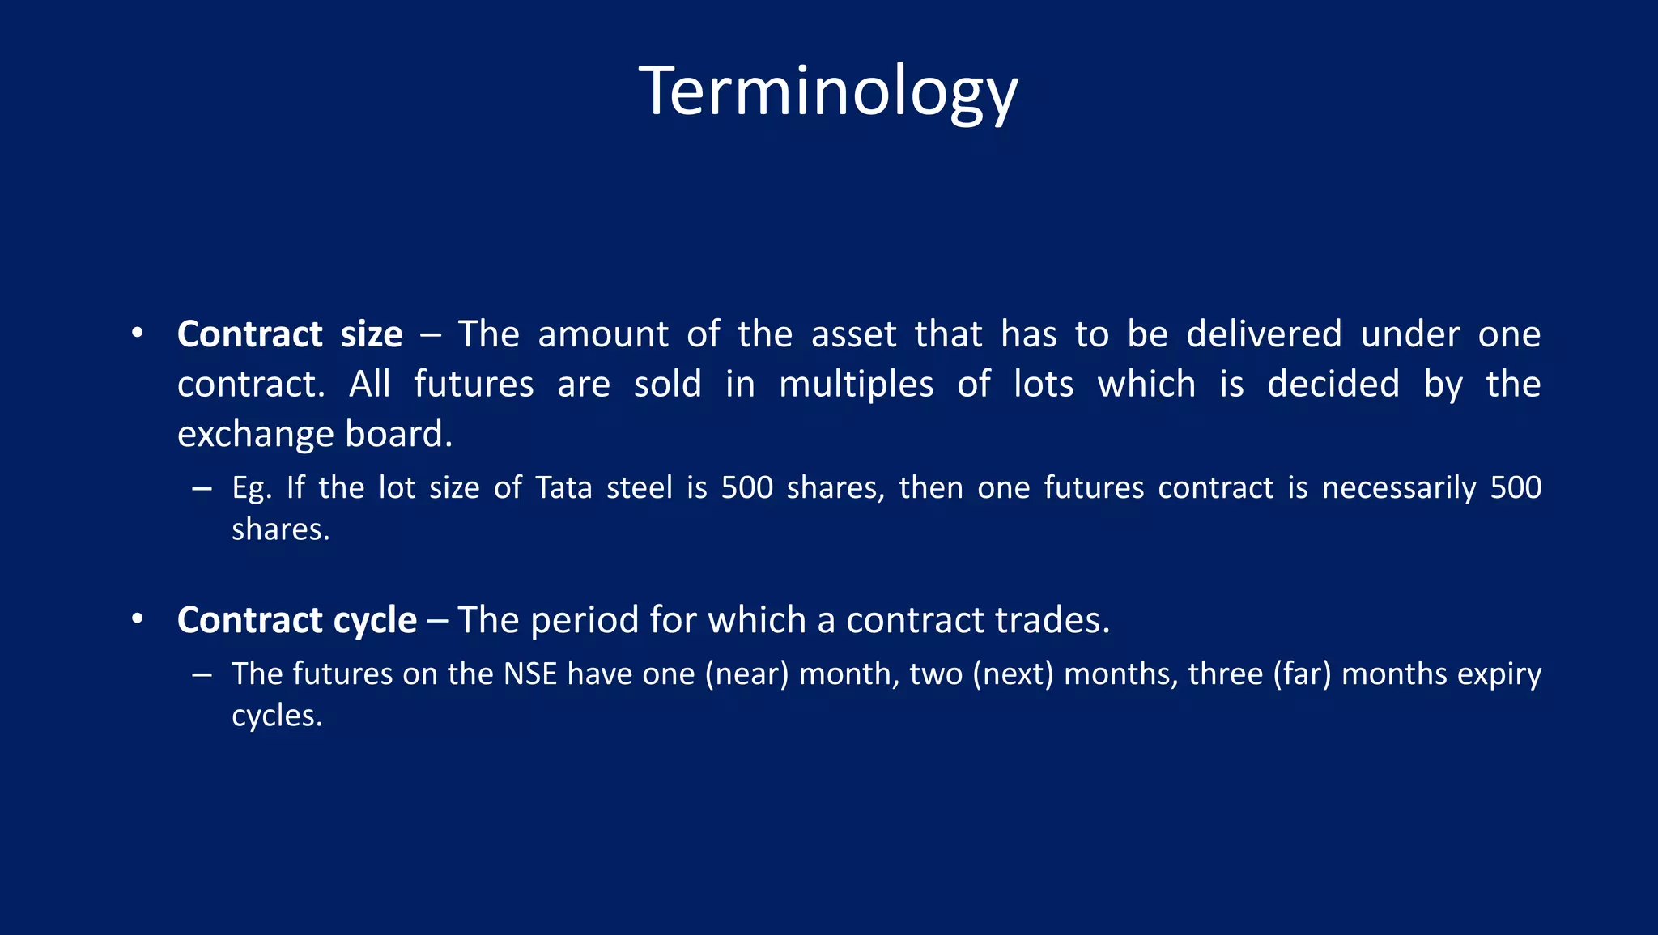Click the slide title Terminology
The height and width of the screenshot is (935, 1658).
point(828,91)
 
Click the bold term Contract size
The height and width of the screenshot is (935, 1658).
point(290,334)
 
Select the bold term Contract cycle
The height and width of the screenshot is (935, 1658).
point(297,620)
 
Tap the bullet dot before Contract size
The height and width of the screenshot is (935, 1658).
point(138,333)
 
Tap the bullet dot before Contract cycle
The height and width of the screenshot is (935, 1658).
point(138,619)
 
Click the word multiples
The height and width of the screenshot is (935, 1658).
point(856,385)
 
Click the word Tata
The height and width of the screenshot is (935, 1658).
point(563,488)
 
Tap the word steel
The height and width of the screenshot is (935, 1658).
point(640,488)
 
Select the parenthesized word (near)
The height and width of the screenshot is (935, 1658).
point(746,674)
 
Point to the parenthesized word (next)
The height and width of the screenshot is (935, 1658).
point(1013,674)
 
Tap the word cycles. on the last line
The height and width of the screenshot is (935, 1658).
point(277,716)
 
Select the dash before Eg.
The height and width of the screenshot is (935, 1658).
point(202,489)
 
